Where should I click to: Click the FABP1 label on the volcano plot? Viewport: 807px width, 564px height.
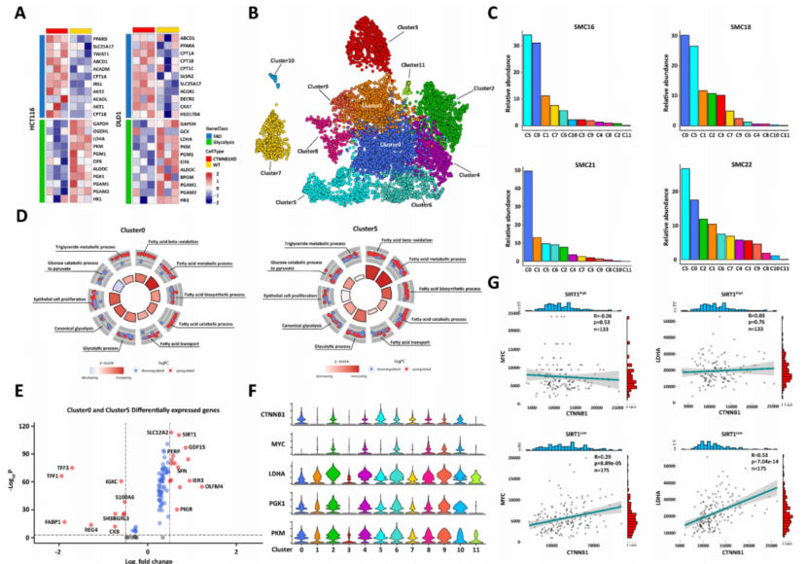(x=47, y=522)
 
